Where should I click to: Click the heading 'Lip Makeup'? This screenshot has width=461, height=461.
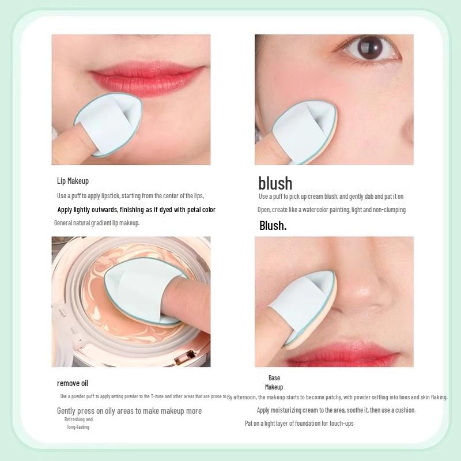73,181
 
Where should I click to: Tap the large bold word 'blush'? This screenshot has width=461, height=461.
275,183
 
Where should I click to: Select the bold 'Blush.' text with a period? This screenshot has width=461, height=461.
273,225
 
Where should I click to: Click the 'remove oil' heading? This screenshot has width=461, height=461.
73,383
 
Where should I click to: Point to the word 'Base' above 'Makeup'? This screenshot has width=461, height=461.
274,378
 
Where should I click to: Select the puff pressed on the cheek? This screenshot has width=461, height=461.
303,130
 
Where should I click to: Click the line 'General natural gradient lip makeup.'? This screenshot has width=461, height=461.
97,223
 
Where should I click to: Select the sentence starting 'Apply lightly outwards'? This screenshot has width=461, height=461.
137,210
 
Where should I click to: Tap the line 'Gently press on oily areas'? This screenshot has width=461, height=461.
129,411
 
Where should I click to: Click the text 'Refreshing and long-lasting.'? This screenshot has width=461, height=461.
78,423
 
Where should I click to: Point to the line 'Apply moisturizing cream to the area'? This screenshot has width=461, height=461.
336,410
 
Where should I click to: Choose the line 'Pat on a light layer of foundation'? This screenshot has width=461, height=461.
300,424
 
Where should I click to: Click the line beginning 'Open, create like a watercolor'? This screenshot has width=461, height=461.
331,210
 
